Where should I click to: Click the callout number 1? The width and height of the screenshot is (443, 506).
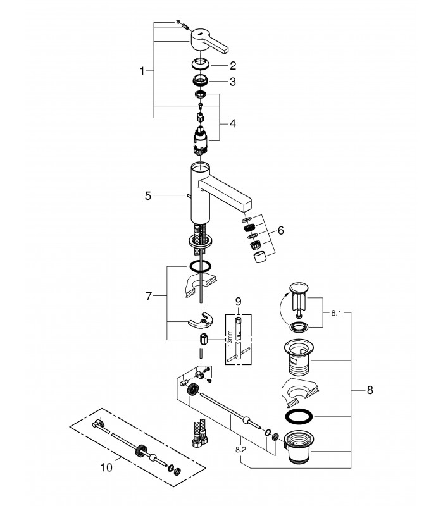click(142, 71)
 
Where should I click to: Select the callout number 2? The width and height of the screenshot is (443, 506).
click(233, 66)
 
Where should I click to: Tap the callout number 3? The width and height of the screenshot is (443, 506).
click(233, 82)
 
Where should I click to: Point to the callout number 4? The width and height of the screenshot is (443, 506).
click(233, 123)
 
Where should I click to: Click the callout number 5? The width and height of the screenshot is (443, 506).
click(148, 195)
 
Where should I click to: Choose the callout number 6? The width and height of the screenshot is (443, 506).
click(280, 230)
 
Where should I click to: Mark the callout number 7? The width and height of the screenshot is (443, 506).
click(149, 296)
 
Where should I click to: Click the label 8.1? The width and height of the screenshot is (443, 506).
click(336, 313)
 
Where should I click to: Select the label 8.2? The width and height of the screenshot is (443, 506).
click(241, 450)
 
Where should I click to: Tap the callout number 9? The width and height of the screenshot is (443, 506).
click(238, 302)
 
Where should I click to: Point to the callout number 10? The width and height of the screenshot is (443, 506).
click(106, 467)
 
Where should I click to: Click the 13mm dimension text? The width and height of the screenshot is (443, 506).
click(230, 338)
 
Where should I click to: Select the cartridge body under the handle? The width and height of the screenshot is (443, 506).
click(201, 140)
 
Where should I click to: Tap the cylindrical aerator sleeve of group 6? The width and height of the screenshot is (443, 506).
click(260, 257)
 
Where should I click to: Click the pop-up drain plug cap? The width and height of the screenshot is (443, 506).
click(299, 287)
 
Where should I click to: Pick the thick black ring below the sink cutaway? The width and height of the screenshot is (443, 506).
click(299, 416)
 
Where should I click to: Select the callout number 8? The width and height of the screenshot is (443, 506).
click(370, 390)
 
